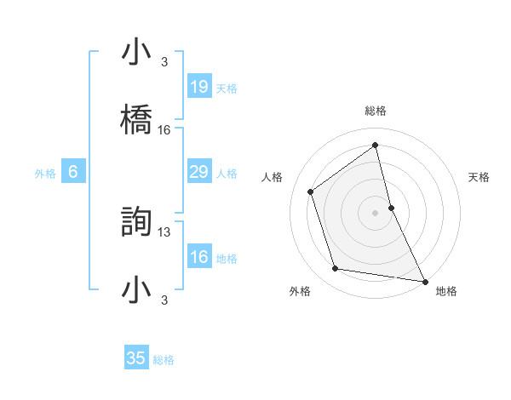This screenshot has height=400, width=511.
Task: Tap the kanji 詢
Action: click(137, 220)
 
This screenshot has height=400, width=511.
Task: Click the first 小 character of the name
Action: click(137, 53)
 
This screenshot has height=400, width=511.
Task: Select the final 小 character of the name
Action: click(137, 289)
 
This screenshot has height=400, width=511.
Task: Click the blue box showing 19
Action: click(199, 87)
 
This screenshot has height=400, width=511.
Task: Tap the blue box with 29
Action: click(199, 172)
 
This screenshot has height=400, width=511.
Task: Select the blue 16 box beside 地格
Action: click(199, 257)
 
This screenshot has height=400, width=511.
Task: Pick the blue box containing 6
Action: click(73, 172)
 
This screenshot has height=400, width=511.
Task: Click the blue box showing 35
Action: click(136, 358)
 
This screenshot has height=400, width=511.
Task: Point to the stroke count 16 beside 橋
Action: click(164, 130)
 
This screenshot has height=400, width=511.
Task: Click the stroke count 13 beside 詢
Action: click(164, 231)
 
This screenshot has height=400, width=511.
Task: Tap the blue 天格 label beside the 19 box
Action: click(227, 89)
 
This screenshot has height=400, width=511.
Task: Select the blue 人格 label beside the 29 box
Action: click(227, 174)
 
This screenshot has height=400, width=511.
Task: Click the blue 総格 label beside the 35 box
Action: click(164, 360)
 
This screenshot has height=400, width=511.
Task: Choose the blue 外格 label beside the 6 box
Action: click(45, 174)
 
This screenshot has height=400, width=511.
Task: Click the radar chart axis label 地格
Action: click(446, 291)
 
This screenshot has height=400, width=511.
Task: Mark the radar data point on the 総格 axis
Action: click(376, 145)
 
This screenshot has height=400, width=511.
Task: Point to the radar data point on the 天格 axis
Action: click(391, 207)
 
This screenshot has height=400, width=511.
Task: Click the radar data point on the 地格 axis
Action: click(424, 280)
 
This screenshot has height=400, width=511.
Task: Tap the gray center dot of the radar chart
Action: click(376, 212)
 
